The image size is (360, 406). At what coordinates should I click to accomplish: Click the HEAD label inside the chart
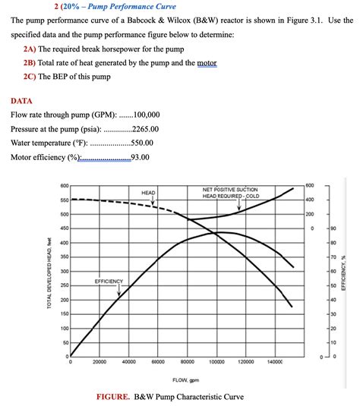pos(149,194)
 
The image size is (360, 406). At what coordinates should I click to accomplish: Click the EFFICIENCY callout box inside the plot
pos(109,281)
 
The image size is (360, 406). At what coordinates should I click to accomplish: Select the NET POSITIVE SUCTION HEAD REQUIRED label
pos(230,192)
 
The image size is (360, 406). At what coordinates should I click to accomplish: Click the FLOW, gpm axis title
pos(185,379)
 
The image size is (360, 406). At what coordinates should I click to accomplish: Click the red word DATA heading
pos(22,99)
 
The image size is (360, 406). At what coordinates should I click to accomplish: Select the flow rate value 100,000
pos(146,115)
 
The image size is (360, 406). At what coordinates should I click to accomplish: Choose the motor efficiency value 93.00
pos(140,158)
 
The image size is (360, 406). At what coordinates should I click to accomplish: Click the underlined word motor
pos(207,63)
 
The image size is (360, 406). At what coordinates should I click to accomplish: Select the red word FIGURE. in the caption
pos(115,396)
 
